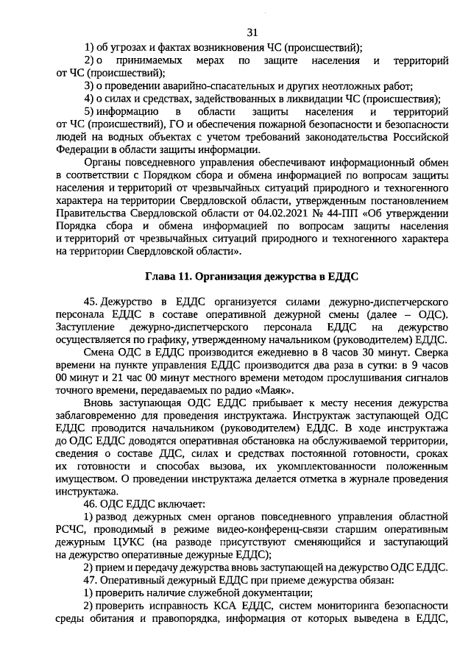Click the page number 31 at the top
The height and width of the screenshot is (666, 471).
click(252, 32)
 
